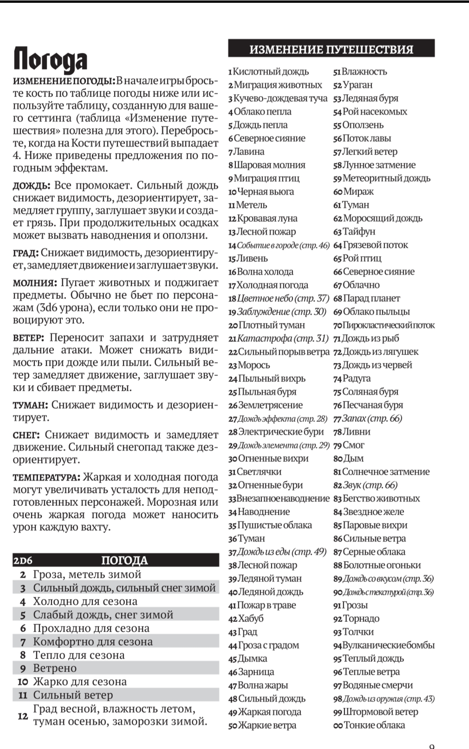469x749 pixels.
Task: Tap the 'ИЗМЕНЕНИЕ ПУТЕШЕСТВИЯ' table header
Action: coord(331,49)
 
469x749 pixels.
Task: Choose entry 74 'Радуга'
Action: coord(356,378)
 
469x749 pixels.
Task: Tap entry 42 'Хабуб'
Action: coord(250,619)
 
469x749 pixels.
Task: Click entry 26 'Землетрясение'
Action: coord(270,405)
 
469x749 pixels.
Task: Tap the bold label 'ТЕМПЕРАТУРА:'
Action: coord(46,478)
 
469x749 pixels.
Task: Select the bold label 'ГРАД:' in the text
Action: coord(26,253)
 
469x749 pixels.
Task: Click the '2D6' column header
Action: coord(23,561)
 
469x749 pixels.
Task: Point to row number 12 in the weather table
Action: coord(23,716)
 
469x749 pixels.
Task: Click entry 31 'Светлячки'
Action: coord(259,472)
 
